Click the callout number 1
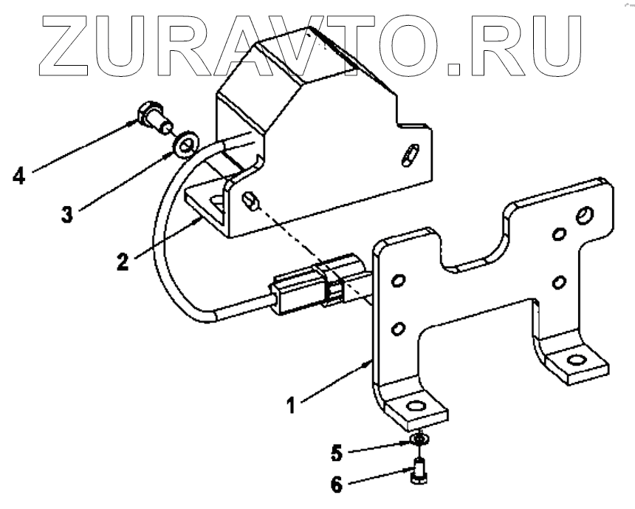pyautogui.click(x=292, y=405)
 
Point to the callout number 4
pyautogui.click(x=18, y=176)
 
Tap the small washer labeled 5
pyautogui.click(x=419, y=441)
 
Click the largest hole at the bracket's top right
pyautogui.click(x=584, y=215)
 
